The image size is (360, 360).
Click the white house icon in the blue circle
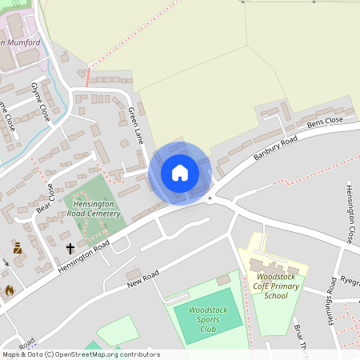180,173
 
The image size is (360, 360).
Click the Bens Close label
325,123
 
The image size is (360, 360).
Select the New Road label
142,280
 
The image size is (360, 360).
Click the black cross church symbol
70,248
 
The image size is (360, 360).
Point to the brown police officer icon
17,249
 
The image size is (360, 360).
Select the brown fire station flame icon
10,290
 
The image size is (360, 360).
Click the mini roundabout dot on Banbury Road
210,198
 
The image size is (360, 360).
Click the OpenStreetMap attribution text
81,354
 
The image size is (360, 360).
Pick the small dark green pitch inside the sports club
223,281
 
